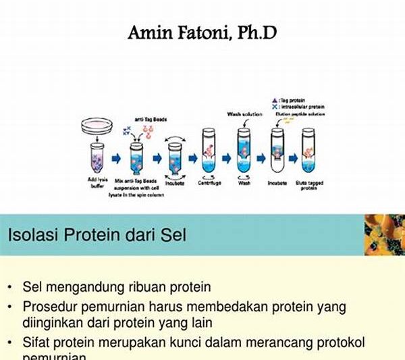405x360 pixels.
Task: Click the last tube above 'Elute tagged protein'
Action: (x=311, y=154)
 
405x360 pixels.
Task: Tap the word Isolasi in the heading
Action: (x=32, y=236)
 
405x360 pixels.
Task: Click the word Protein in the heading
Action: (x=88, y=236)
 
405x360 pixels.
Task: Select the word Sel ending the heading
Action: (x=173, y=236)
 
